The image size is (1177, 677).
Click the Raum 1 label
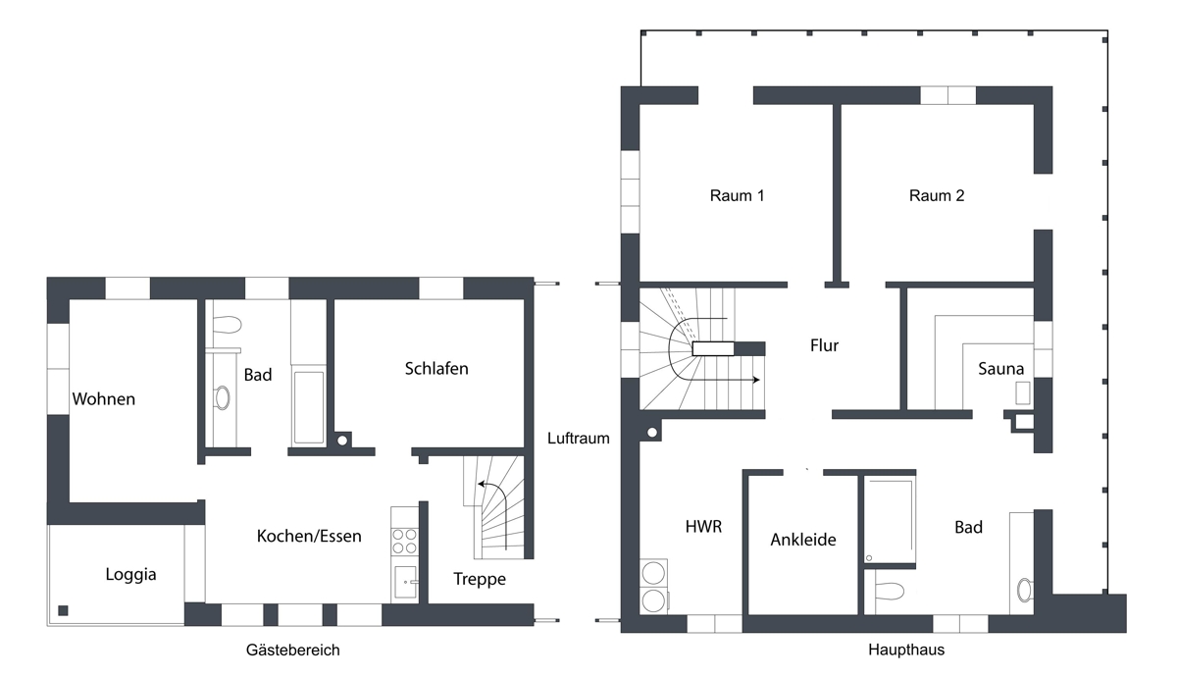click(737, 195)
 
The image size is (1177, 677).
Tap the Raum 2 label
click(937, 195)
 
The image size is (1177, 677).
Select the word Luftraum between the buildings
click(579, 439)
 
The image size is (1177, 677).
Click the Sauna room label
click(1000, 369)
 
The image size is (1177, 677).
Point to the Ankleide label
click(802, 540)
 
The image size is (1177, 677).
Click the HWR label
click(703, 527)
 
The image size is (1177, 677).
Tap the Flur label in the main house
click(824, 345)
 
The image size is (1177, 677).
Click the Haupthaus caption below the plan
click(906, 650)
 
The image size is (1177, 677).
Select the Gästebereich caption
click(292, 650)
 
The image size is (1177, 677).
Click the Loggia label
click(130, 575)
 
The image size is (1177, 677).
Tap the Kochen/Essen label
click(309, 536)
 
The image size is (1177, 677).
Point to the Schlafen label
click(436, 369)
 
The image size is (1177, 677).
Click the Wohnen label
click(103, 399)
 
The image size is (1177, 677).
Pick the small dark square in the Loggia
click(64, 610)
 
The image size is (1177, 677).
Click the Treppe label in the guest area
click(480, 579)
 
